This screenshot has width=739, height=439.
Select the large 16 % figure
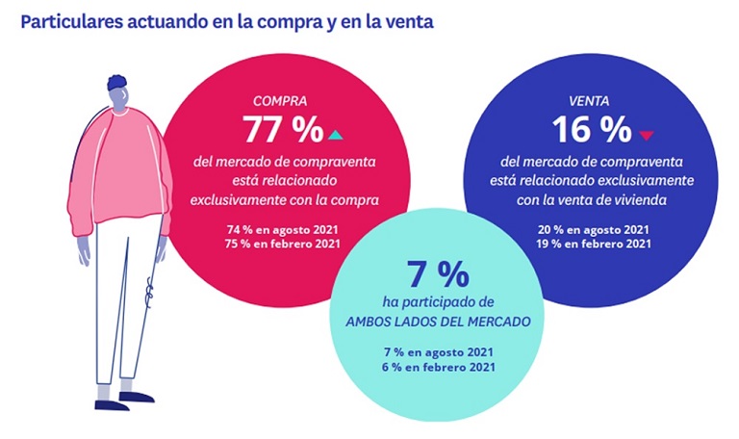[591, 129]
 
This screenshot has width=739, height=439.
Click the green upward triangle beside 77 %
[335, 133]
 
